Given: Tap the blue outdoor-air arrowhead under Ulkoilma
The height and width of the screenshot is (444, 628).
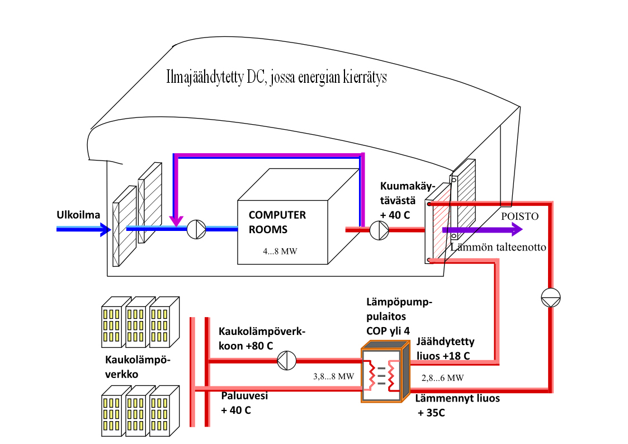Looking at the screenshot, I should [105, 228].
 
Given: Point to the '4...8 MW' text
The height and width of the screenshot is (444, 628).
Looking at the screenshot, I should [280, 252].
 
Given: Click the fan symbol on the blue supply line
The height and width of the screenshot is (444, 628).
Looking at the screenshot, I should [196, 228].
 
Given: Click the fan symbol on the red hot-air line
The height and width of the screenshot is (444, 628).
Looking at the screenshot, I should [379, 229].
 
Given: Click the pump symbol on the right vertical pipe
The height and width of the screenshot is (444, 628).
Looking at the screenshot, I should [550, 298].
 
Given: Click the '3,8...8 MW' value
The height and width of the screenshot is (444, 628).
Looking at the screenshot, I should [334, 376].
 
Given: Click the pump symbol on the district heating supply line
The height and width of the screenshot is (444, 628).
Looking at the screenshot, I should [287, 361].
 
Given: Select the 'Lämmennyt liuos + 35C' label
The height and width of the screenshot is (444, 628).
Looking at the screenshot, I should [457, 405].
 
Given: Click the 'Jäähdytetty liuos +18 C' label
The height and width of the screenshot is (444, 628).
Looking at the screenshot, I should [443, 349].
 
